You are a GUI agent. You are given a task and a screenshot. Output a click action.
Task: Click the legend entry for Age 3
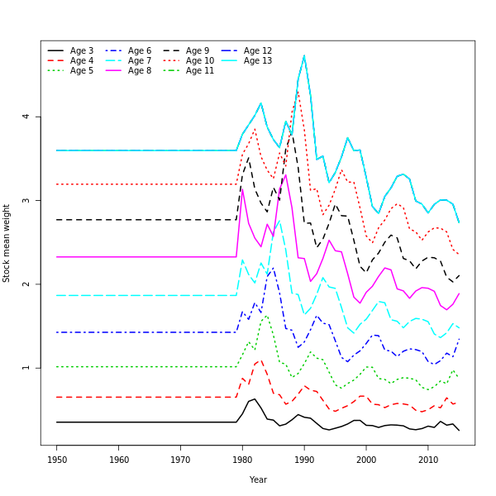tap(82, 51)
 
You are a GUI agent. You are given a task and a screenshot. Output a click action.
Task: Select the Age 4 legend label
tap(82, 61)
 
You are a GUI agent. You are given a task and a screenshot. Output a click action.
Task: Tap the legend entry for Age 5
tap(82, 71)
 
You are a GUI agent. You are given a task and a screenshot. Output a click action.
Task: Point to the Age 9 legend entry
tap(198, 51)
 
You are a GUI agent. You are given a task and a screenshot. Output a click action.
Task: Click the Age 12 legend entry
tap(258, 51)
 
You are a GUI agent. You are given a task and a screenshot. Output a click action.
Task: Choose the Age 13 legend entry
tap(258, 61)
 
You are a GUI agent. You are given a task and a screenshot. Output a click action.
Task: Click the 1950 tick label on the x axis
tap(57, 459)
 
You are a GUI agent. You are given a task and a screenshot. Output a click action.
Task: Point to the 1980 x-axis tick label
tap(243, 459)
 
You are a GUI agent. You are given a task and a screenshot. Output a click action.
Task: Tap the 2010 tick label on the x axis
tap(428, 459)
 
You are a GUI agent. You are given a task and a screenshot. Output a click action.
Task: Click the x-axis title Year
tap(258, 479)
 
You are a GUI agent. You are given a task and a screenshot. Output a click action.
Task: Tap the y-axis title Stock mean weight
tap(7, 243)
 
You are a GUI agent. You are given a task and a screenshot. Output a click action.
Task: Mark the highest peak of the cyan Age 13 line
tap(304, 55)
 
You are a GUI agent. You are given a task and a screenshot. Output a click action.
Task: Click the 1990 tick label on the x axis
tap(304, 459)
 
